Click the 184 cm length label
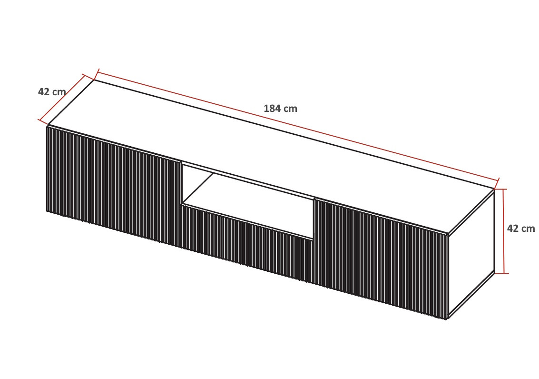(x=280, y=109)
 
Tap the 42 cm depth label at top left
(x=52, y=92)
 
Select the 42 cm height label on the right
(x=521, y=229)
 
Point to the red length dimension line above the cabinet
(x=298, y=126)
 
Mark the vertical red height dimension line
(x=504, y=231)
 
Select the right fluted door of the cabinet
(x=382, y=259)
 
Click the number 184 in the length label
(x=271, y=109)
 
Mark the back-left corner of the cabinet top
(x=94, y=80)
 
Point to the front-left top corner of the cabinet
(x=48, y=126)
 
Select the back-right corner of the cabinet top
(x=494, y=189)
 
